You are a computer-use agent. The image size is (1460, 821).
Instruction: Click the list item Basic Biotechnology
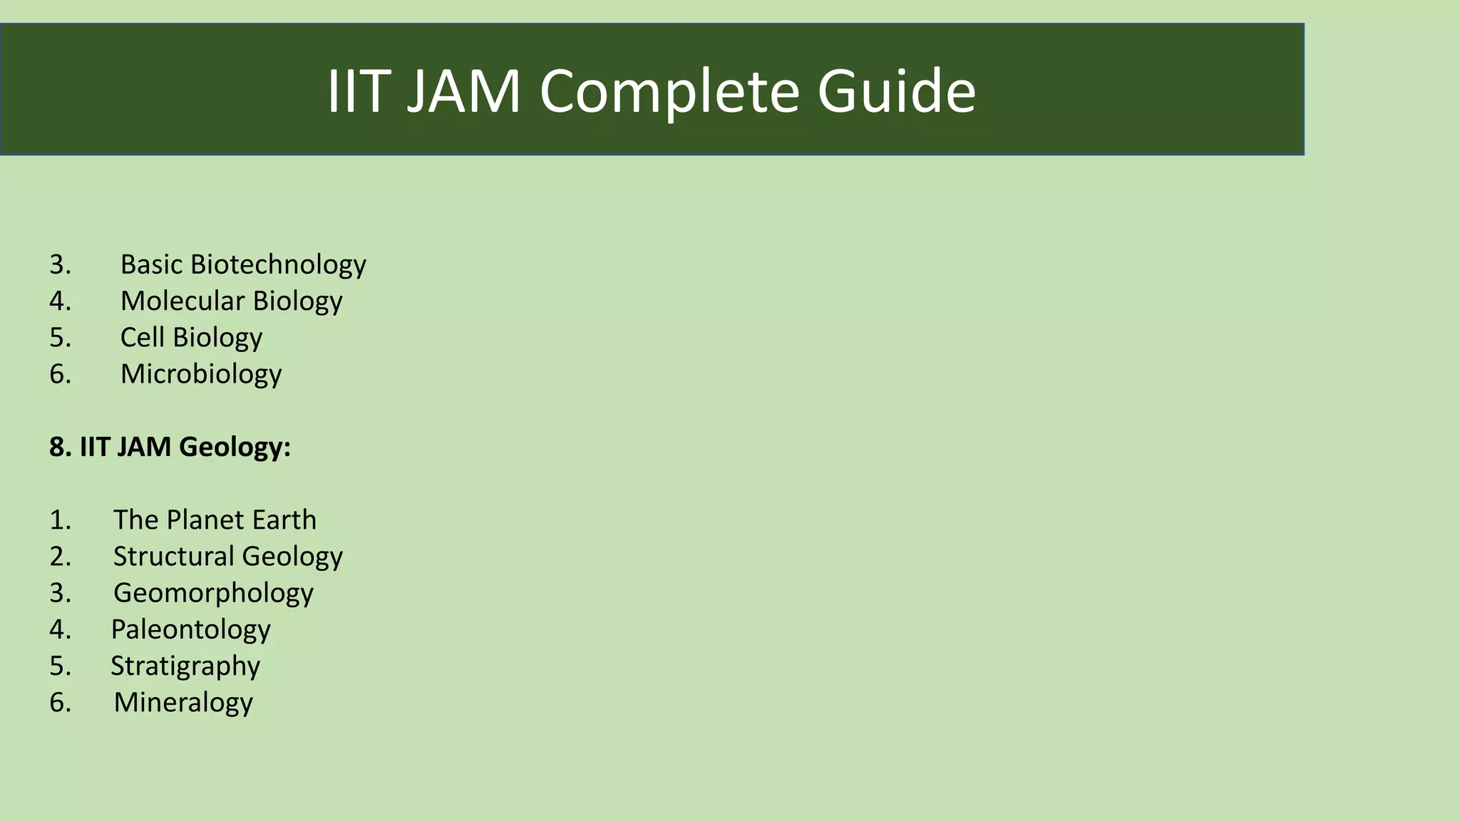click(x=243, y=264)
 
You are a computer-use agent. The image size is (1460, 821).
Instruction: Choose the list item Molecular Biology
click(x=231, y=301)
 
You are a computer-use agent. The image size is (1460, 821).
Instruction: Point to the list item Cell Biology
click(x=191, y=337)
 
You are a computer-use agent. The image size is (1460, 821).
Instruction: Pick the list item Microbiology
click(x=201, y=373)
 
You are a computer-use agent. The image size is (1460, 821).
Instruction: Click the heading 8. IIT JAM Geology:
click(x=170, y=447)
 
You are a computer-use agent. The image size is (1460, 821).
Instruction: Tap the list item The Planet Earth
click(x=215, y=520)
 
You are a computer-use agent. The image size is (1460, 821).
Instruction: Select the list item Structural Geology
click(x=228, y=556)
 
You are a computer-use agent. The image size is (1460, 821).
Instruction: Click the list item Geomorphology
click(x=213, y=593)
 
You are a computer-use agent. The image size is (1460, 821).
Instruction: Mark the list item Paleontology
click(x=191, y=629)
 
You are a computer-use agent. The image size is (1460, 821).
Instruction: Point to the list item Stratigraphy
click(x=185, y=666)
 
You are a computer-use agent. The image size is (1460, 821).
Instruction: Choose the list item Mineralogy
click(x=183, y=702)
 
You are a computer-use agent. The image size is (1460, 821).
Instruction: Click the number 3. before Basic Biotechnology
click(x=61, y=264)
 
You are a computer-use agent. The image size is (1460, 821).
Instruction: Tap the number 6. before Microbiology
click(x=61, y=373)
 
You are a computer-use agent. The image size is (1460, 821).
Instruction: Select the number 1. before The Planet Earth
click(x=61, y=520)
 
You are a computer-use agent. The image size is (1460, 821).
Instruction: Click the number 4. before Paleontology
click(x=61, y=629)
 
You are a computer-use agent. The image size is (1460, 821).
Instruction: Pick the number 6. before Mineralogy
click(x=61, y=702)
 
